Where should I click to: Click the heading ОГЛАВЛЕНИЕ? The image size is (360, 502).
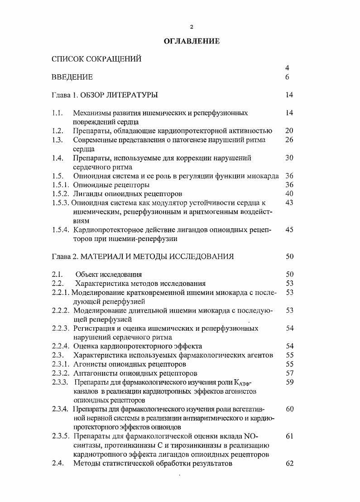192,41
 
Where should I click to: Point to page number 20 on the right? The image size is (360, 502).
289,131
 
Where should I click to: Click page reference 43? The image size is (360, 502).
289,203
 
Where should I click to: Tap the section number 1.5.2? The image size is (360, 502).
61,193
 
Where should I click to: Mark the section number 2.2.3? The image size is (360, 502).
61,328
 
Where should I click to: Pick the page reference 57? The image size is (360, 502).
290,373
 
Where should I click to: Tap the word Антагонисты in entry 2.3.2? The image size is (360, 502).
93,373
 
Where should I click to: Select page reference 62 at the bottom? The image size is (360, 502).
290,463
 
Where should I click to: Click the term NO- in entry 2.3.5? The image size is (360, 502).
250,436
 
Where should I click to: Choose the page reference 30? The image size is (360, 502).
289,158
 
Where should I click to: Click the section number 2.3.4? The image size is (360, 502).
61,409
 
